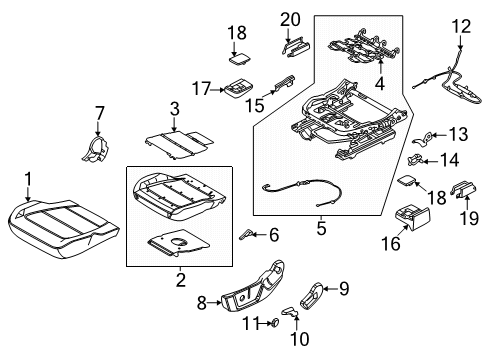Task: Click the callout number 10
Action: coord(294,339)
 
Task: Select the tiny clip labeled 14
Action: coord(419,158)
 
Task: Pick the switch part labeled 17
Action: coord(238,88)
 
